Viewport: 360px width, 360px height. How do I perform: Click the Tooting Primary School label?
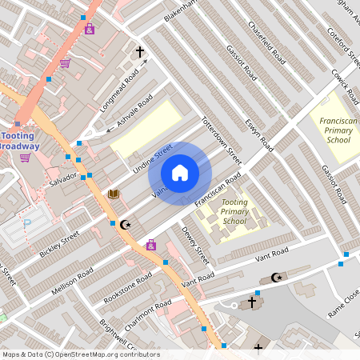pyautogui.click(x=234, y=212)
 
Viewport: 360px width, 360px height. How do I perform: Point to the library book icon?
pyautogui.click(x=114, y=194)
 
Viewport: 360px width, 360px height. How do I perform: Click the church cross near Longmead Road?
pyautogui.click(x=140, y=53)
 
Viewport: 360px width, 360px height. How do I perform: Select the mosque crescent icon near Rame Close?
pyautogui.click(x=278, y=278)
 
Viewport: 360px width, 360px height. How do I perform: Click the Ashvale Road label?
pyautogui.click(x=134, y=113)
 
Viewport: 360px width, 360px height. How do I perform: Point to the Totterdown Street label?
pyautogui.click(x=221, y=138)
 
